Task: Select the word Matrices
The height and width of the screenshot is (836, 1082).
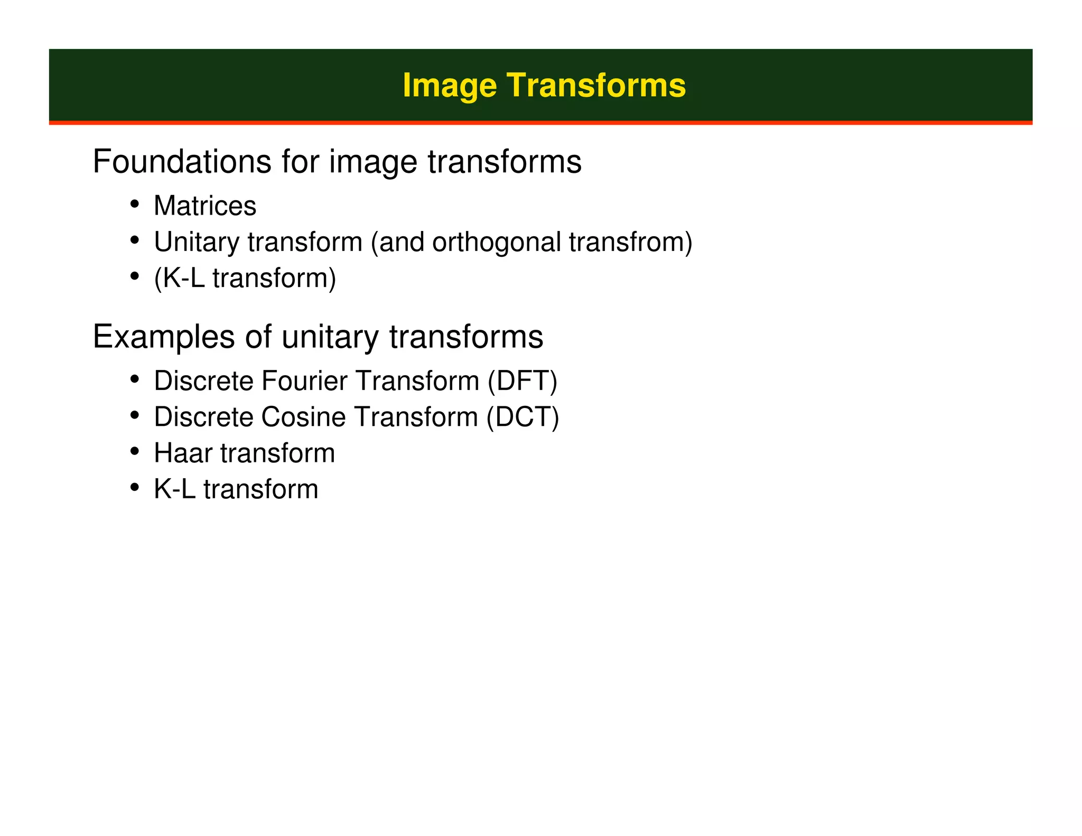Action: [x=205, y=206]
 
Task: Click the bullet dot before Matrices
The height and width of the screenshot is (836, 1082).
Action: [x=135, y=204]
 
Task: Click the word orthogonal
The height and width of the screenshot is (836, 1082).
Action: [x=497, y=242]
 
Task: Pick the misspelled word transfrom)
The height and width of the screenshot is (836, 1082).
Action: [x=630, y=242]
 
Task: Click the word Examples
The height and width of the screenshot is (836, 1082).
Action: [x=163, y=337]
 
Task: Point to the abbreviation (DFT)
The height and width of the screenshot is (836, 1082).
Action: [x=522, y=380]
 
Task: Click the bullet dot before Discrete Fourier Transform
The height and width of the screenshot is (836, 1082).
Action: [x=135, y=379]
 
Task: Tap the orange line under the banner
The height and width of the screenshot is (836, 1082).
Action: [x=540, y=123]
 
